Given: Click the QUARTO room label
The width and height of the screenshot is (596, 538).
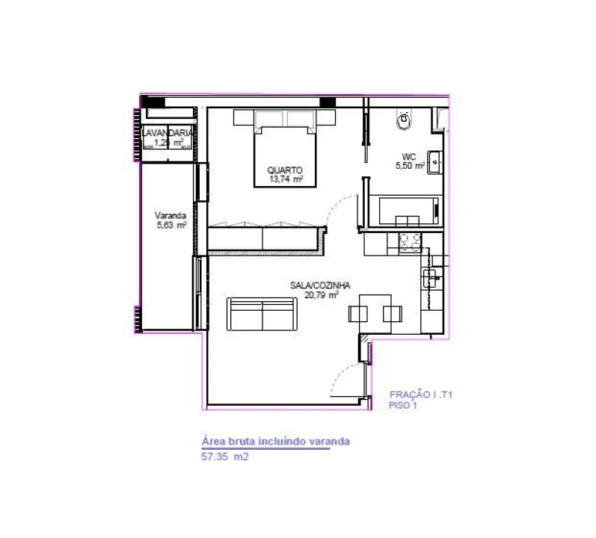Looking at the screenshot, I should (x=285, y=170).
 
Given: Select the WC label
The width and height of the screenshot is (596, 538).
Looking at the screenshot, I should (x=408, y=156).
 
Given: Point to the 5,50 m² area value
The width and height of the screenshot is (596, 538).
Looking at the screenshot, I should (x=410, y=165).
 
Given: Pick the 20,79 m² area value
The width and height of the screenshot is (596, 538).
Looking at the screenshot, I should (x=322, y=294).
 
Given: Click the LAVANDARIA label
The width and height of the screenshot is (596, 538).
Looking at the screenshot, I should (x=169, y=133).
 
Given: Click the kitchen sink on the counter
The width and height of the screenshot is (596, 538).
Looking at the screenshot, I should (x=431, y=279).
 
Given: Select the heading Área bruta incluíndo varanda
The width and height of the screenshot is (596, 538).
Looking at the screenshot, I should (x=275, y=441).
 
